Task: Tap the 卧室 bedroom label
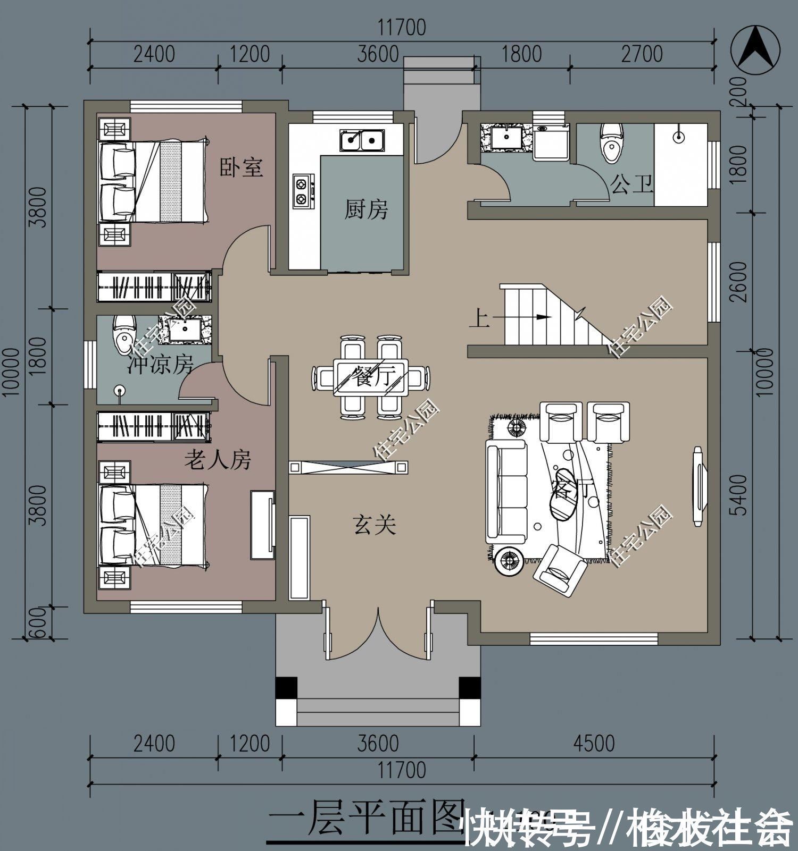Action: (x=242, y=167)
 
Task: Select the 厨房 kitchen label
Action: (x=365, y=209)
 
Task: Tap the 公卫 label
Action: (x=631, y=186)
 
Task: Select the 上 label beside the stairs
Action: (x=479, y=319)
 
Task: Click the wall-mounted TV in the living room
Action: (x=699, y=486)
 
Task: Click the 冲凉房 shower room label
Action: (x=160, y=365)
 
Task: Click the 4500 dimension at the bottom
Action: (x=594, y=744)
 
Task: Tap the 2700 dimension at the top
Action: (x=642, y=54)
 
